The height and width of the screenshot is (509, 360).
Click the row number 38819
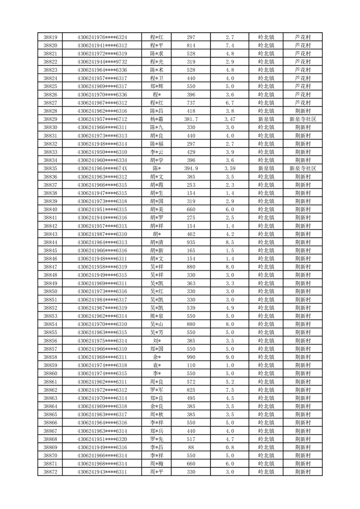click(50, 37)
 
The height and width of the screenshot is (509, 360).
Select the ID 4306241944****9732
click(102, 62)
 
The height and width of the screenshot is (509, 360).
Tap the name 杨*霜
click(156, 119)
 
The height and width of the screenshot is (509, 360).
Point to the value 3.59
click(229, 168)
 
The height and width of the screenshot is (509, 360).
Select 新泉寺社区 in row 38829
click(302, 119)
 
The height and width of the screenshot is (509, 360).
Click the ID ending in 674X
click(102, 168)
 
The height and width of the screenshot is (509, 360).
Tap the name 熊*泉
click(156, 316)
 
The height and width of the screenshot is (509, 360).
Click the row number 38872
click(50, 472)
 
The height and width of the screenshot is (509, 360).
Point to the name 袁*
click(156, 365)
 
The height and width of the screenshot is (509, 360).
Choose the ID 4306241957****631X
click(102, 226)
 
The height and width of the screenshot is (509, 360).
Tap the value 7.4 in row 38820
click(229, 45)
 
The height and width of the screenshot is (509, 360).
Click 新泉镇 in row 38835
click(266, 168)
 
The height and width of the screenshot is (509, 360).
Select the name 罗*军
click(156, 390)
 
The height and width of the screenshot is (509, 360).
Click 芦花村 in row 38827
click(302, 103)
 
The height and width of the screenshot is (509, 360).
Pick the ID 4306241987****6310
click(102, 234)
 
